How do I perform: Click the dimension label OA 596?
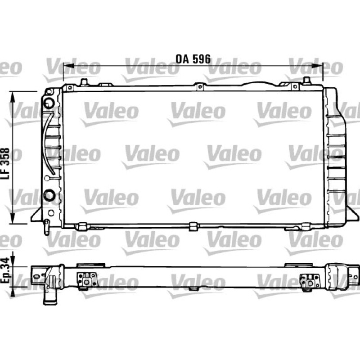[x=193, y=59]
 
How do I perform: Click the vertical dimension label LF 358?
[x=5, y=163]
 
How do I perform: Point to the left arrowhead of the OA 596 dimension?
[x=68, y=66]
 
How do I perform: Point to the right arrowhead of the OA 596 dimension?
[x=317, y=66]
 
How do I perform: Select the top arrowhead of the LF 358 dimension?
[x=13, y=97]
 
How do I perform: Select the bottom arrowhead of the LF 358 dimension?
[x=13, y=218]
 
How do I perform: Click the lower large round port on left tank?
[x=49, y=195]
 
